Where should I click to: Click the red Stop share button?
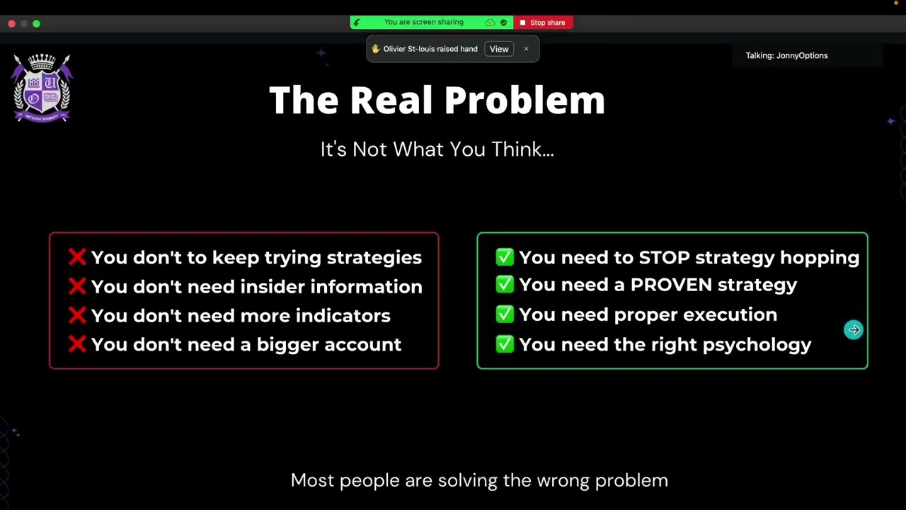[543, 23]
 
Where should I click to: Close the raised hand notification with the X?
[526, 49]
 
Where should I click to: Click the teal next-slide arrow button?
[854, 330]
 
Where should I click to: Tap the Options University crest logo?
[42, 88]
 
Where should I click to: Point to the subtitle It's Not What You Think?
[437, 149]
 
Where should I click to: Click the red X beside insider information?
[77, 286]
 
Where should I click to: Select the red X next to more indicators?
[77, 315]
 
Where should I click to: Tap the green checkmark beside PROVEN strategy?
[505, 285]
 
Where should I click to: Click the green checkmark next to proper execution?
[505, 314]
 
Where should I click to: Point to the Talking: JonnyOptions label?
[786, 55]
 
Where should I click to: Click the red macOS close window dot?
[12, 23]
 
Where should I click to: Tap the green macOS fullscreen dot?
[36, 23]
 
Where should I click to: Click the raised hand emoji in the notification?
[376, 49]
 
